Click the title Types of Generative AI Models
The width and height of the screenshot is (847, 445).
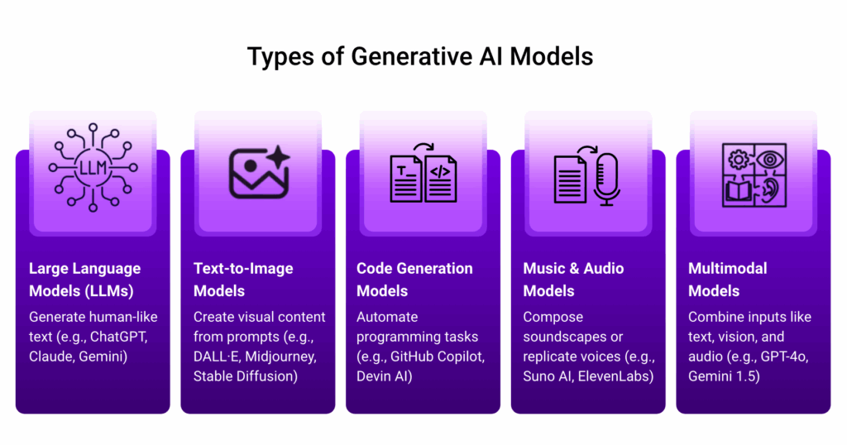420,57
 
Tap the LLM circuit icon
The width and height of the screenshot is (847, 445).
93,167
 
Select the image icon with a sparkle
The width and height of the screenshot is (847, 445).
259,172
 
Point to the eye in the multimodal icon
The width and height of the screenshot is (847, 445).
770,160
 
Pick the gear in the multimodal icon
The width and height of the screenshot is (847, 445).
739,160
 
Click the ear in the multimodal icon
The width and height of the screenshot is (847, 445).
771,190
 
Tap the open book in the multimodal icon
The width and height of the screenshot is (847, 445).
738,191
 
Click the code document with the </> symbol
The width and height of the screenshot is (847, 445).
441,179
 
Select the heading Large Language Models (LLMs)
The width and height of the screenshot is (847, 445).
85,280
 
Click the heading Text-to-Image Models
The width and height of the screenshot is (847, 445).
243,280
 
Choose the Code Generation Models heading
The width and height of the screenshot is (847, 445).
414,280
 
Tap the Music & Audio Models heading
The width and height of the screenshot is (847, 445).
573,280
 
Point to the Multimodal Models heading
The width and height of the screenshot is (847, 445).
727,280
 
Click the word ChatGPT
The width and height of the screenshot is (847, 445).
118,337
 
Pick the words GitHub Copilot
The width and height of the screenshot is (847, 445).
437,357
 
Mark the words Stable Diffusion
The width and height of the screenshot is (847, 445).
244,376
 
